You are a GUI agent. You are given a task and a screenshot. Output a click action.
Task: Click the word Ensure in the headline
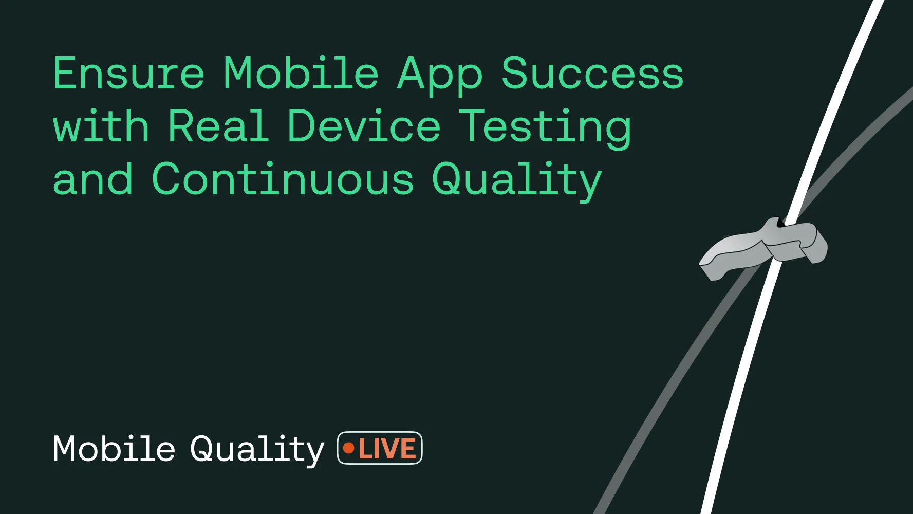(128, 74)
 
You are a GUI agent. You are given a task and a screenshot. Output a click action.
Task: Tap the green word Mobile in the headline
(301, 74)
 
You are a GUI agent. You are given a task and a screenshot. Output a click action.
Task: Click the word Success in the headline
(592, 74)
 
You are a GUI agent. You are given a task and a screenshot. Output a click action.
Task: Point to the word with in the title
(101, 126)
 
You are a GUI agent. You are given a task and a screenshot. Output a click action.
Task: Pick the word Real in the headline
(218, 126)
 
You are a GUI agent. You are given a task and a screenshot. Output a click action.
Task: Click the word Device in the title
(363, 126)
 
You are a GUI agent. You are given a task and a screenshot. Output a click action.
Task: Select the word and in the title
(93, 179)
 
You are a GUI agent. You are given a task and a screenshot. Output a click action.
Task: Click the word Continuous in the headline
(283, 179)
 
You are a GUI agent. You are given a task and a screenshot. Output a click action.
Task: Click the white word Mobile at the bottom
(114, 449)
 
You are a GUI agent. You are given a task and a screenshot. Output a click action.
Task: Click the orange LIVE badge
(380, 448)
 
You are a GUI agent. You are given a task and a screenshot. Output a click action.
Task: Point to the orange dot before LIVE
(349, 449)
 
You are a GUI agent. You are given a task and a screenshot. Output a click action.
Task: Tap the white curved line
(740, 391)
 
